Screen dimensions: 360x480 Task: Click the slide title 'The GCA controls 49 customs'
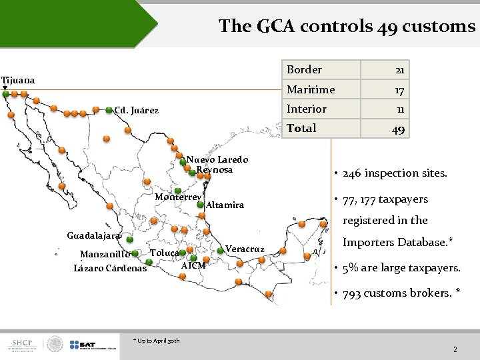tap(347, 26)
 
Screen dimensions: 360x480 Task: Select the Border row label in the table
tap(304, 69)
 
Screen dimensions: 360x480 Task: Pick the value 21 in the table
tap(399, 70)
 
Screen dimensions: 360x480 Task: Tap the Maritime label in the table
tap(311, 89)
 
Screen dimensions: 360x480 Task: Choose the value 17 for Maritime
tap(399, 90)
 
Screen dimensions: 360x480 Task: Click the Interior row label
tap(307, 109)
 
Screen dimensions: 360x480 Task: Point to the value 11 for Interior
tap(399, 109)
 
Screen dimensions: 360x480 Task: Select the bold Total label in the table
tap(301, 128)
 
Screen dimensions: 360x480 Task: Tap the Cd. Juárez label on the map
tap(137, 110)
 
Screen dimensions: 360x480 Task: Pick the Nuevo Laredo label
tap(217, 159)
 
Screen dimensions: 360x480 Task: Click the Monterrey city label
tap(177, 197)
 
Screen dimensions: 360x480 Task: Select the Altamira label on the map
tap(225, 205)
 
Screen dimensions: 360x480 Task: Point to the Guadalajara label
tap(94, 235)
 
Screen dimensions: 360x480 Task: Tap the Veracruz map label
tap(245, 249)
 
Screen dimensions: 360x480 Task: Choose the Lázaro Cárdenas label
tap(110, 269)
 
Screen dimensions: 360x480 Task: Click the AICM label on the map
tap(193, 265)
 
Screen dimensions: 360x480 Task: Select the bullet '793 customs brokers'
tap(401, 293)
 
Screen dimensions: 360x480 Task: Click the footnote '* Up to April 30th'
tap(156, 341)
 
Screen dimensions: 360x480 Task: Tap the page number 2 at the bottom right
tap(455, 349)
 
